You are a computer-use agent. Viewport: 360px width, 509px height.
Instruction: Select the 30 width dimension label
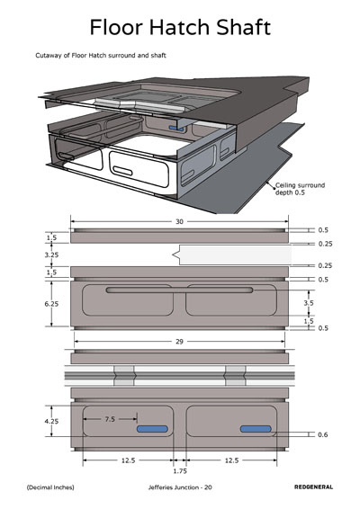point(179,222)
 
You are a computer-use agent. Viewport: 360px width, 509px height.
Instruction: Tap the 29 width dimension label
point(179,342)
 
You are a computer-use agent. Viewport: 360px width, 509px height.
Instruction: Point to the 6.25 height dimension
point(51,304)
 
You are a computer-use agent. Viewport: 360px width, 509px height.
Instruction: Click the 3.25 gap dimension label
point(51,254)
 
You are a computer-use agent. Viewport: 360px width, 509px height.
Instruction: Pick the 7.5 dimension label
point(110,419)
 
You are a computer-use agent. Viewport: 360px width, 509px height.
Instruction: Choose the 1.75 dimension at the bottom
point(180,471)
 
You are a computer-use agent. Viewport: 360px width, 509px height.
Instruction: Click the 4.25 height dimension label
point(51,422)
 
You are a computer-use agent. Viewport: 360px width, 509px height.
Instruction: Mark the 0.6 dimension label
point(322,434)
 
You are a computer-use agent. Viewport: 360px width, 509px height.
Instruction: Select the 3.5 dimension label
point(309,303)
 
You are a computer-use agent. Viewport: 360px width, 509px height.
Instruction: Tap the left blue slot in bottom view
point(152,429)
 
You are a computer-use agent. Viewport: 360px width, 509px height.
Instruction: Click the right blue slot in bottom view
point(256,429)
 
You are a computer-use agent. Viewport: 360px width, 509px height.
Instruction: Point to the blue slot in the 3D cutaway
point(176,129)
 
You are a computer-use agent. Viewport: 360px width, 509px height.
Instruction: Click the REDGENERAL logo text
point(313,487)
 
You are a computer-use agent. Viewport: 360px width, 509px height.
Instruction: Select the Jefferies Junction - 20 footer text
point(180,487)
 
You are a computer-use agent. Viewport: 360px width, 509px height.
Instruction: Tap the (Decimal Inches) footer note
point(50,487)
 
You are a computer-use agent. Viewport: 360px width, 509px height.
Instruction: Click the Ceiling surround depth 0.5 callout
point(300,189)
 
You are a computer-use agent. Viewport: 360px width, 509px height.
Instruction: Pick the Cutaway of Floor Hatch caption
point(101,56)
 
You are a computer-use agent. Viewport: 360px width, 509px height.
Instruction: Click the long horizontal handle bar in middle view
point(179,290)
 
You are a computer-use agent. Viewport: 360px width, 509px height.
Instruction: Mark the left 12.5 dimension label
point(129,460)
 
